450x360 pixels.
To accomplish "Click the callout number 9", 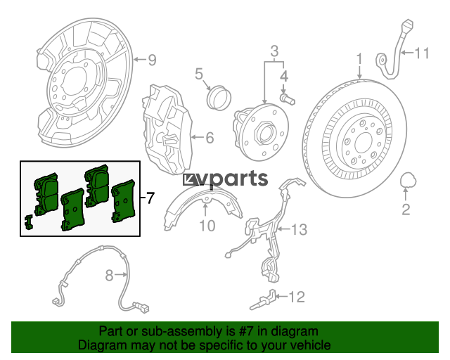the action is [152, 60].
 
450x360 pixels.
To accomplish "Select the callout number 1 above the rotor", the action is [359, 58].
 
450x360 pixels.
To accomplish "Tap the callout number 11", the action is [422, 53].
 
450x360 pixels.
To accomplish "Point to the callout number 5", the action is [198, 74].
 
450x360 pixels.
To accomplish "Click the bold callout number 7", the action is [150, 198].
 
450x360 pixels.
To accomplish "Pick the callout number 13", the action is [299, 229].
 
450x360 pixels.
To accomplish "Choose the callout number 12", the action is [297, 297].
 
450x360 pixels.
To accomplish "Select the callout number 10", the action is [207, 226].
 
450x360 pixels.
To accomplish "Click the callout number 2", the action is [406, 210].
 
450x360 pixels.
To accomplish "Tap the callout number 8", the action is [109, 276].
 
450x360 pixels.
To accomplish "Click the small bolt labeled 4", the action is [288, 99].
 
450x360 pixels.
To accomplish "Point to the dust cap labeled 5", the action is [219, 98].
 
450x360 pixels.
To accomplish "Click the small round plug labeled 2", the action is [408, 180].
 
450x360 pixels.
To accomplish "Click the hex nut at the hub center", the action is [264, 133].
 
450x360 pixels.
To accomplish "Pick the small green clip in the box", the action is [29, 222].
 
